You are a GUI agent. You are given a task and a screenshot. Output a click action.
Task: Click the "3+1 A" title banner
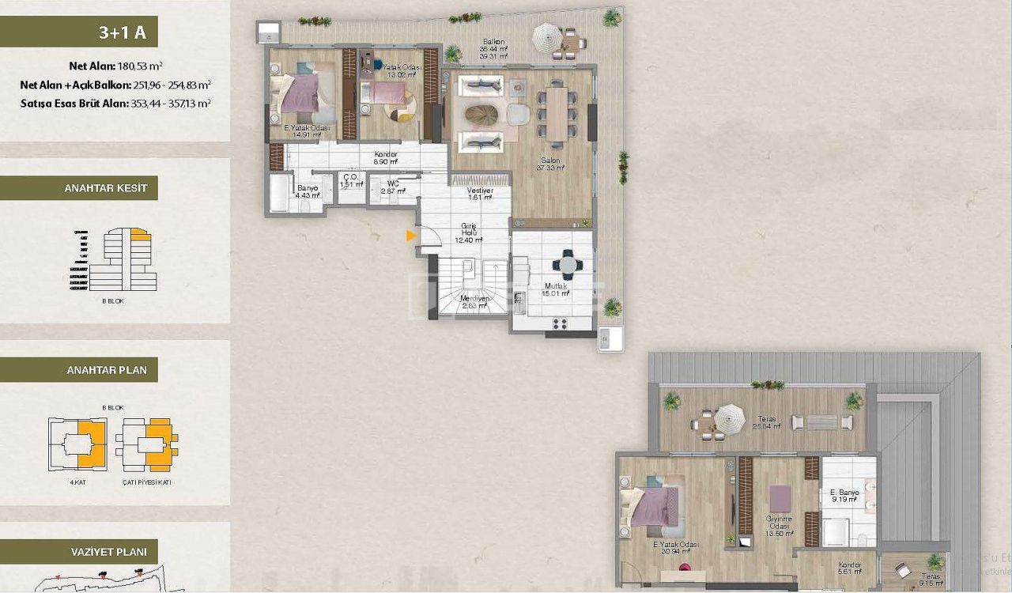tap(79, 32)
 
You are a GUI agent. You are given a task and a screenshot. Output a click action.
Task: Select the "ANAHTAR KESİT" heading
tap(79, 188)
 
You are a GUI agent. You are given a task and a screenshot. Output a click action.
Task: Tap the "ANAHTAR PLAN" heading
tap(79, 370)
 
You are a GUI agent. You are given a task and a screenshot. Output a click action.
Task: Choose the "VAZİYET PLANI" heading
tap(79, 551)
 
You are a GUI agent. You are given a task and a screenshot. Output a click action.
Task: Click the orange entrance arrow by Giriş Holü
tap(410, 235)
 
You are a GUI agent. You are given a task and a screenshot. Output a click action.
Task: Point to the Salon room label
tap(550, 161)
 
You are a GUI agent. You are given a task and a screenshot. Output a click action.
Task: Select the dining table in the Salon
tap(558, 113)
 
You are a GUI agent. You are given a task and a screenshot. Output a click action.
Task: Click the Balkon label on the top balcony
tap(493, 42)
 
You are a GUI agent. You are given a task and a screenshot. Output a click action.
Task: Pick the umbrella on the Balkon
tap(546, 36)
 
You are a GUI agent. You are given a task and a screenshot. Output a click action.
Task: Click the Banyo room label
tap(307, 188)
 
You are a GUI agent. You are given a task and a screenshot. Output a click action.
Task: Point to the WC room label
tap(393, 183)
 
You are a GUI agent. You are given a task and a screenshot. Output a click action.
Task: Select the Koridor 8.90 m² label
tap(387, 155)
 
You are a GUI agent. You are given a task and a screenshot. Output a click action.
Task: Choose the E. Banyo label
tap(844, 493)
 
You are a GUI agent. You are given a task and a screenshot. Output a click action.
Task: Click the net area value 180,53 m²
tap(140, 66)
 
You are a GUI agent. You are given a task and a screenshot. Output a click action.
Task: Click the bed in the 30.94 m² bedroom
tap(654, 505)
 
